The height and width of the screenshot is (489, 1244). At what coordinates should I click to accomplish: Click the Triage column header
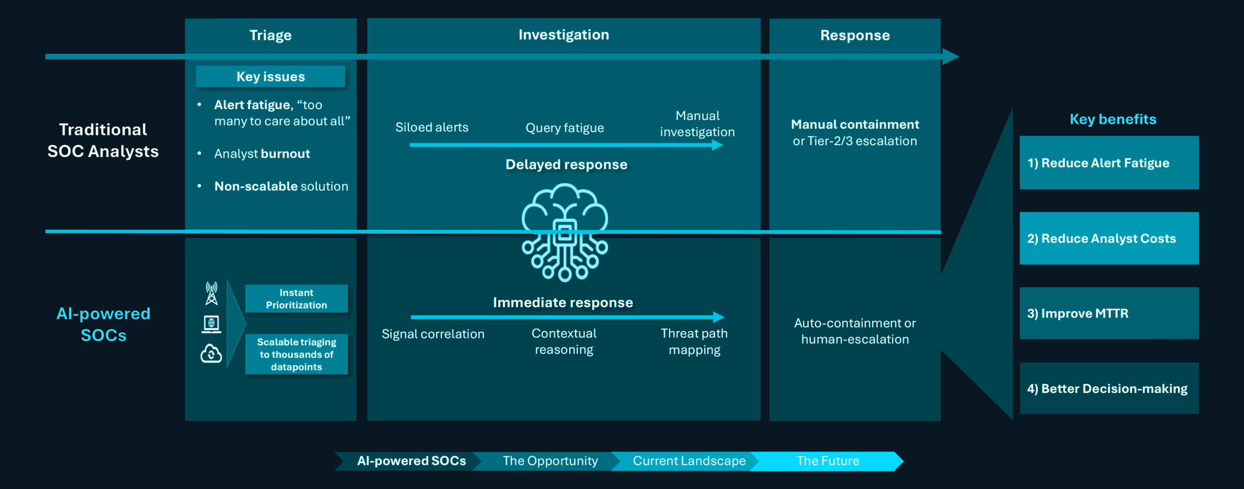click(x=270, y=35)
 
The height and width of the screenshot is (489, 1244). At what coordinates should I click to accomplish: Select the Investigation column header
click(x=563, y=35)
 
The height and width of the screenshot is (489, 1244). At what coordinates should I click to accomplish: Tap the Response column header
click(x=855, y=35)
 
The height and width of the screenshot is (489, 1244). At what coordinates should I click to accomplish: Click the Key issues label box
click(x=270, y=77)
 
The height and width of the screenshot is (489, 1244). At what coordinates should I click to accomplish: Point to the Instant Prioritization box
click(x=296, y=299)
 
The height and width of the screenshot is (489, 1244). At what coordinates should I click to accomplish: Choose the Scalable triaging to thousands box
click(x=296, y=354)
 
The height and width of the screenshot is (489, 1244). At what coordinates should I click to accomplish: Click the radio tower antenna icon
click(x=211, y=293)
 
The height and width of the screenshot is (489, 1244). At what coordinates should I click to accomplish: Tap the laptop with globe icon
click(x=211, y=324)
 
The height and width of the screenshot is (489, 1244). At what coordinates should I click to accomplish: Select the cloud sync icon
click(x=211, y=354)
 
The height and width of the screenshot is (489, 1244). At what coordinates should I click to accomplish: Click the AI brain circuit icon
click(x=564, y=232)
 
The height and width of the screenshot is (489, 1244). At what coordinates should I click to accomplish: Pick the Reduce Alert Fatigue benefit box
click(x=1108, y=163)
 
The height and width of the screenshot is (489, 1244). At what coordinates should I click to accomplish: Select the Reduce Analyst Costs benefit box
click(x=1108, y=238)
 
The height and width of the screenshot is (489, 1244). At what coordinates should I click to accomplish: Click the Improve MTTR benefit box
click(x=1108, y=313)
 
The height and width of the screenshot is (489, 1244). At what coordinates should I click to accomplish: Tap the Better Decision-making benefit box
click(x=1108, y=388)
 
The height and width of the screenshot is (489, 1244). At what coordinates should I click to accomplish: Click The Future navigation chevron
click(x=828, y=461)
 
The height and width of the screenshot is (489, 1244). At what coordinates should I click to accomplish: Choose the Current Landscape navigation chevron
click(x=689, y=461)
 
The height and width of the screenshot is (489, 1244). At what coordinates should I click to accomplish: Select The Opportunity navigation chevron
click(x=550, y=461)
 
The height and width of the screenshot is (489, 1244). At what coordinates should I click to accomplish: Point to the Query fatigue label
click(x=565, y=128)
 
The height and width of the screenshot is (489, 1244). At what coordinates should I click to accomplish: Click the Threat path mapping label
click(x=694, y=341)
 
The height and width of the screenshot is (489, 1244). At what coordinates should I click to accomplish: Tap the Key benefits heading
click(x=1113, y=119)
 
